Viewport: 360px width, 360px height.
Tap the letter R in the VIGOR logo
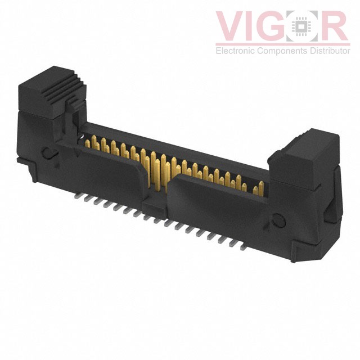coord(333,26)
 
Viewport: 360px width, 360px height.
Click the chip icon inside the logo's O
coord(301,26)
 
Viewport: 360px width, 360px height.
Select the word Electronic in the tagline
coord(236,51)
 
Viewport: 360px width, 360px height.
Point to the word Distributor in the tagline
coord(330,51)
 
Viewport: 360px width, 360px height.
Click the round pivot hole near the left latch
coord(48,153)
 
